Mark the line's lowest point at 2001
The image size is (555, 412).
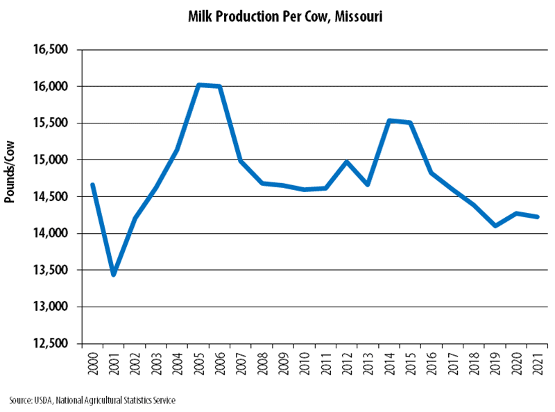(x=113, y=275)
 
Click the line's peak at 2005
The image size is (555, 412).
(x=198, y=85)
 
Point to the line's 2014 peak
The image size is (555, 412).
(x=389, y=121)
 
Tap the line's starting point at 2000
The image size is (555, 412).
(x=92, y=184)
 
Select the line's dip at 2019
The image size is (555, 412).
(x=495, y=225)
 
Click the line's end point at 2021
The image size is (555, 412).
(x=538, y=217)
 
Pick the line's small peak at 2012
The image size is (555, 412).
(x=347, y=162)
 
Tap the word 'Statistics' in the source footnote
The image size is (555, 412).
(x=141, y=400)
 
